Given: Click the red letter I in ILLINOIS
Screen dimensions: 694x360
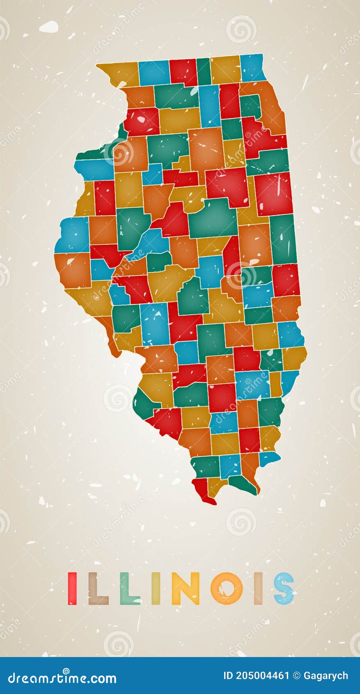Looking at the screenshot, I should coord(72,588).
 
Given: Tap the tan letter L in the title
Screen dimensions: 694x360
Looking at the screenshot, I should coord(97,588).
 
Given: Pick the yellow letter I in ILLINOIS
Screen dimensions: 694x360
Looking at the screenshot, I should coord(156,588).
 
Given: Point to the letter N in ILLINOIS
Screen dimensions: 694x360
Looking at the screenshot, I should coord(185,588).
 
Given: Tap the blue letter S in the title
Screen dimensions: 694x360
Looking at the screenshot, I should coord(284,588).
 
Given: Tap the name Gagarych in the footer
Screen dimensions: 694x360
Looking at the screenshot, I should coord(326,676).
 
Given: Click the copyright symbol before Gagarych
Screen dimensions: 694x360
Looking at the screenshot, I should coord(297,676).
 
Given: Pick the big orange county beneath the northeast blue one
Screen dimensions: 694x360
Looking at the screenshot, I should coord(269,107).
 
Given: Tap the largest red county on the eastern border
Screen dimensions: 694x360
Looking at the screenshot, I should coord(273,193).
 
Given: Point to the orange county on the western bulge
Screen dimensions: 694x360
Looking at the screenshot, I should coord(74,269).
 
